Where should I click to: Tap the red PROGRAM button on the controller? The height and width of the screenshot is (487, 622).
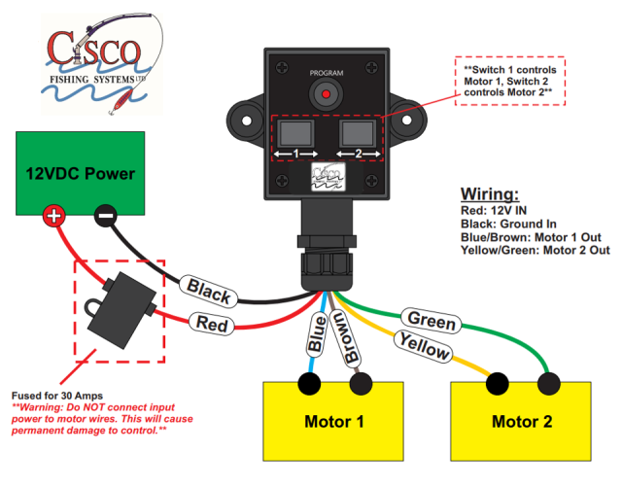click(328, 96)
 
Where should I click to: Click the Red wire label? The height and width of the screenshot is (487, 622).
click(211, 323)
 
